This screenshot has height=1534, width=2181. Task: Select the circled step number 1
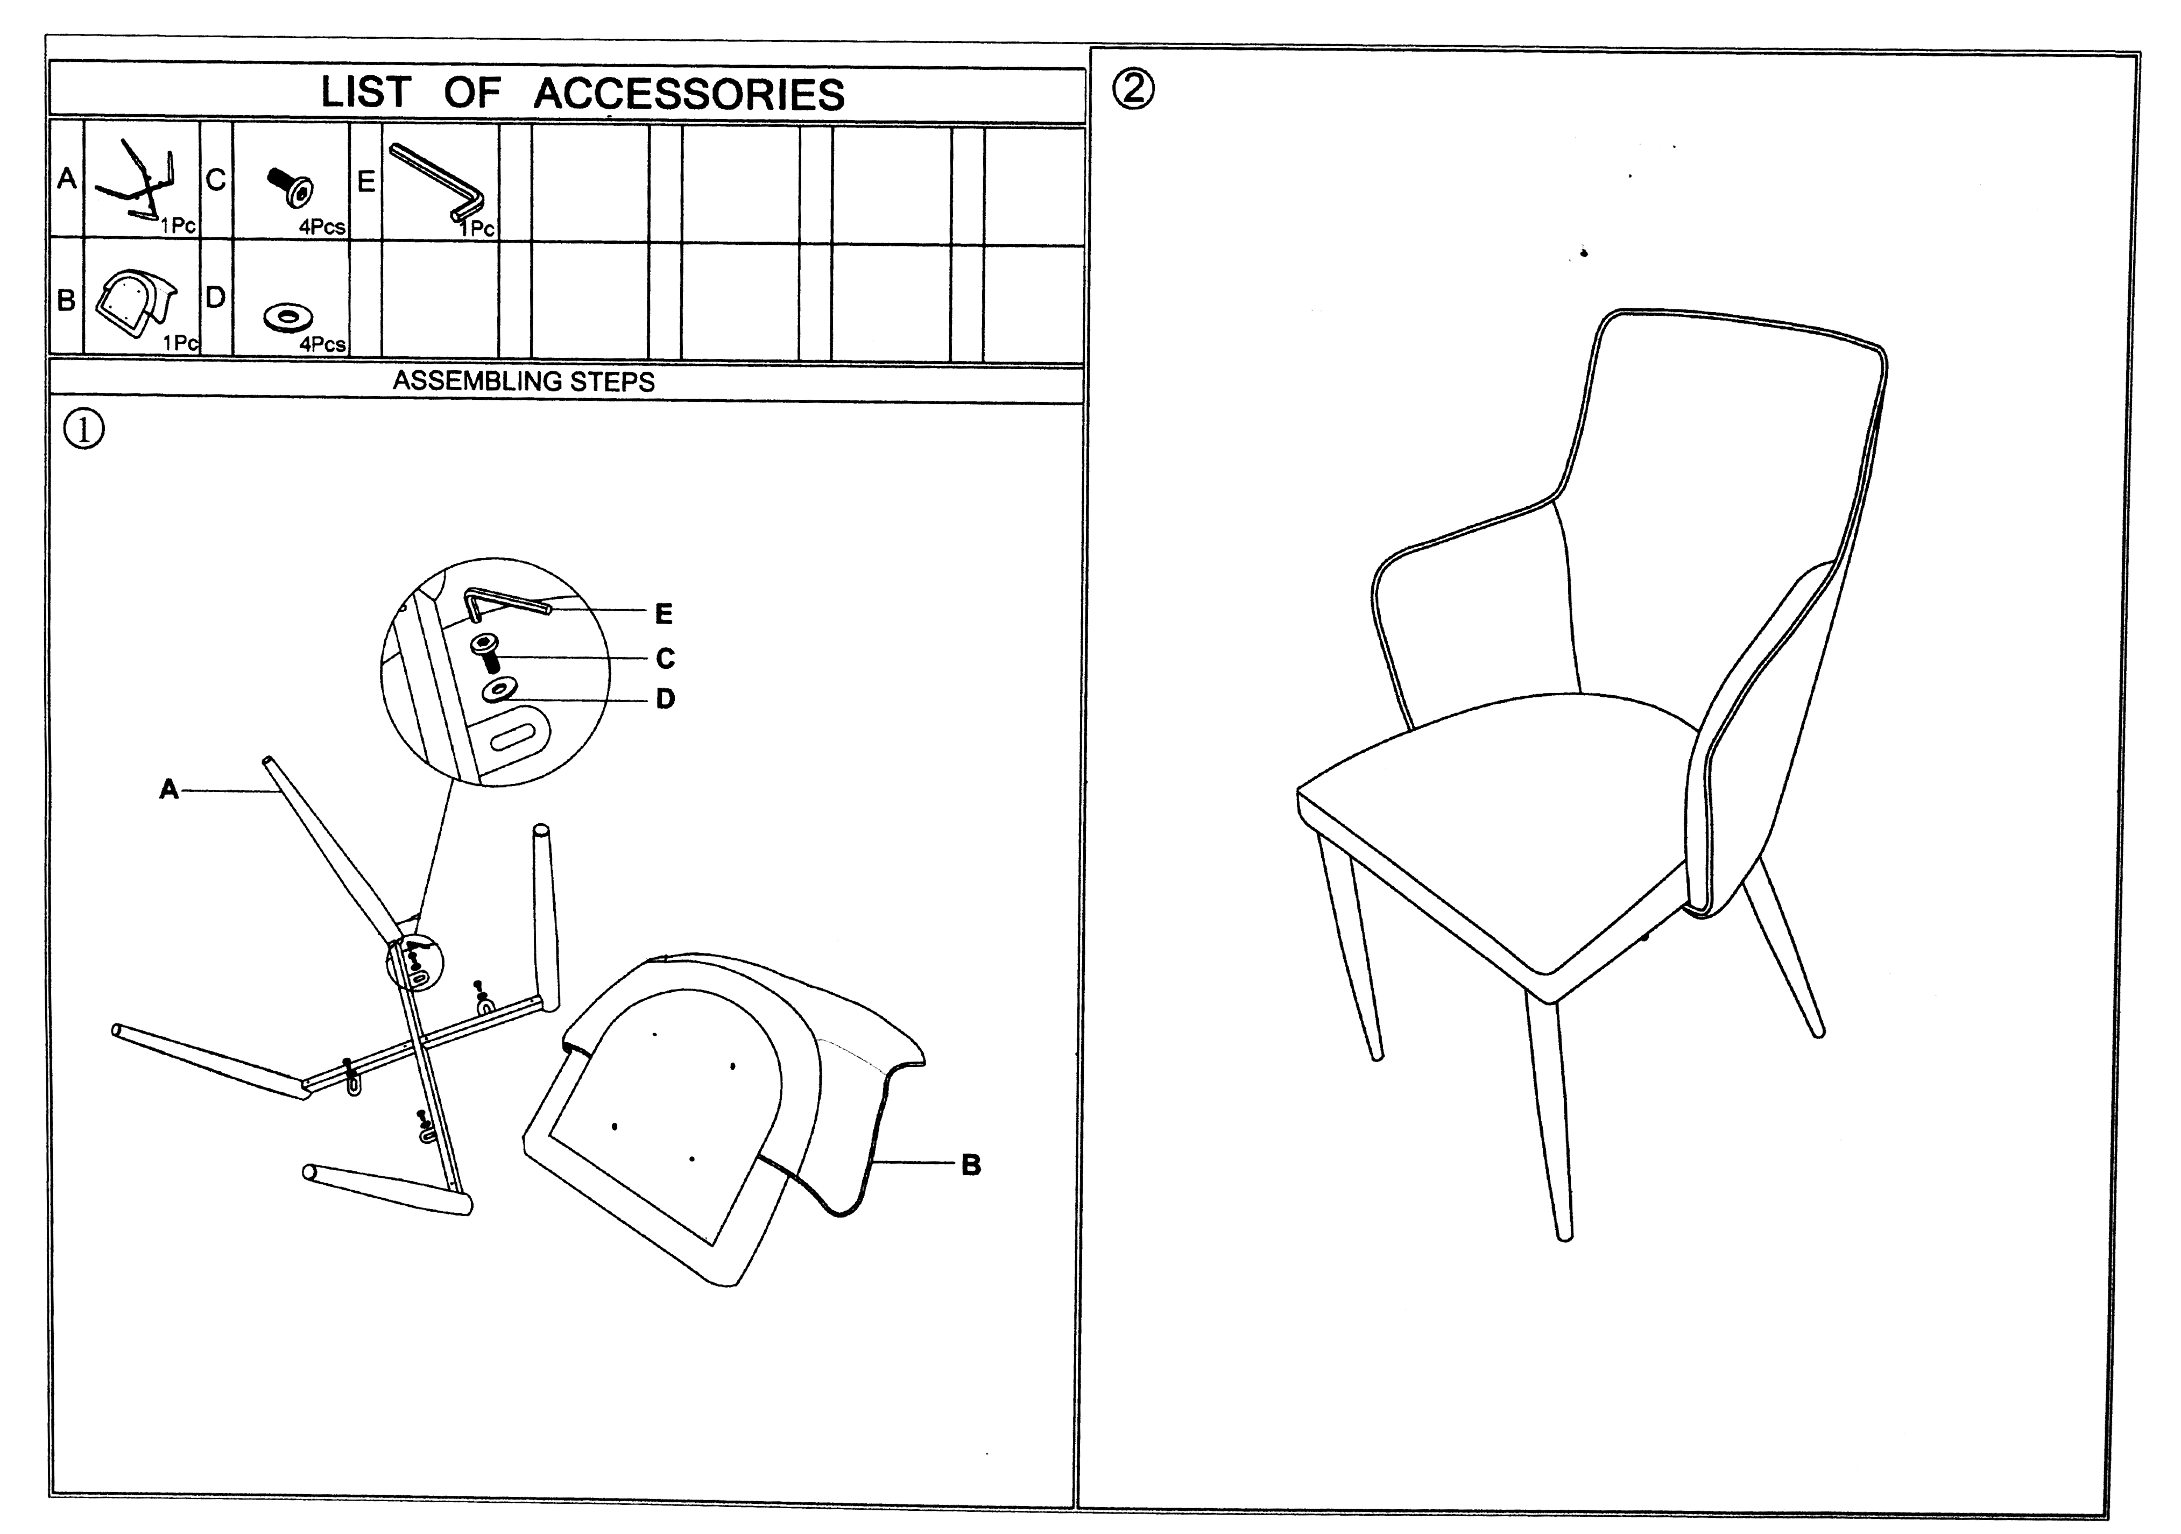click(83, 429)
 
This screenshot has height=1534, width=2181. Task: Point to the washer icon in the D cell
click(289, 316)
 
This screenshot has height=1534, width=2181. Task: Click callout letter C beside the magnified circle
click(665, 658)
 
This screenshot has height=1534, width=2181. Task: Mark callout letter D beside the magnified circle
click(665, 699)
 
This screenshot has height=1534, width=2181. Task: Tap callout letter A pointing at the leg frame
click(168, 788)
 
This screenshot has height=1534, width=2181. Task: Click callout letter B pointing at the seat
click(970, 1164)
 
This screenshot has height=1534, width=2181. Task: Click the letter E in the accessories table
click(366, 180)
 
